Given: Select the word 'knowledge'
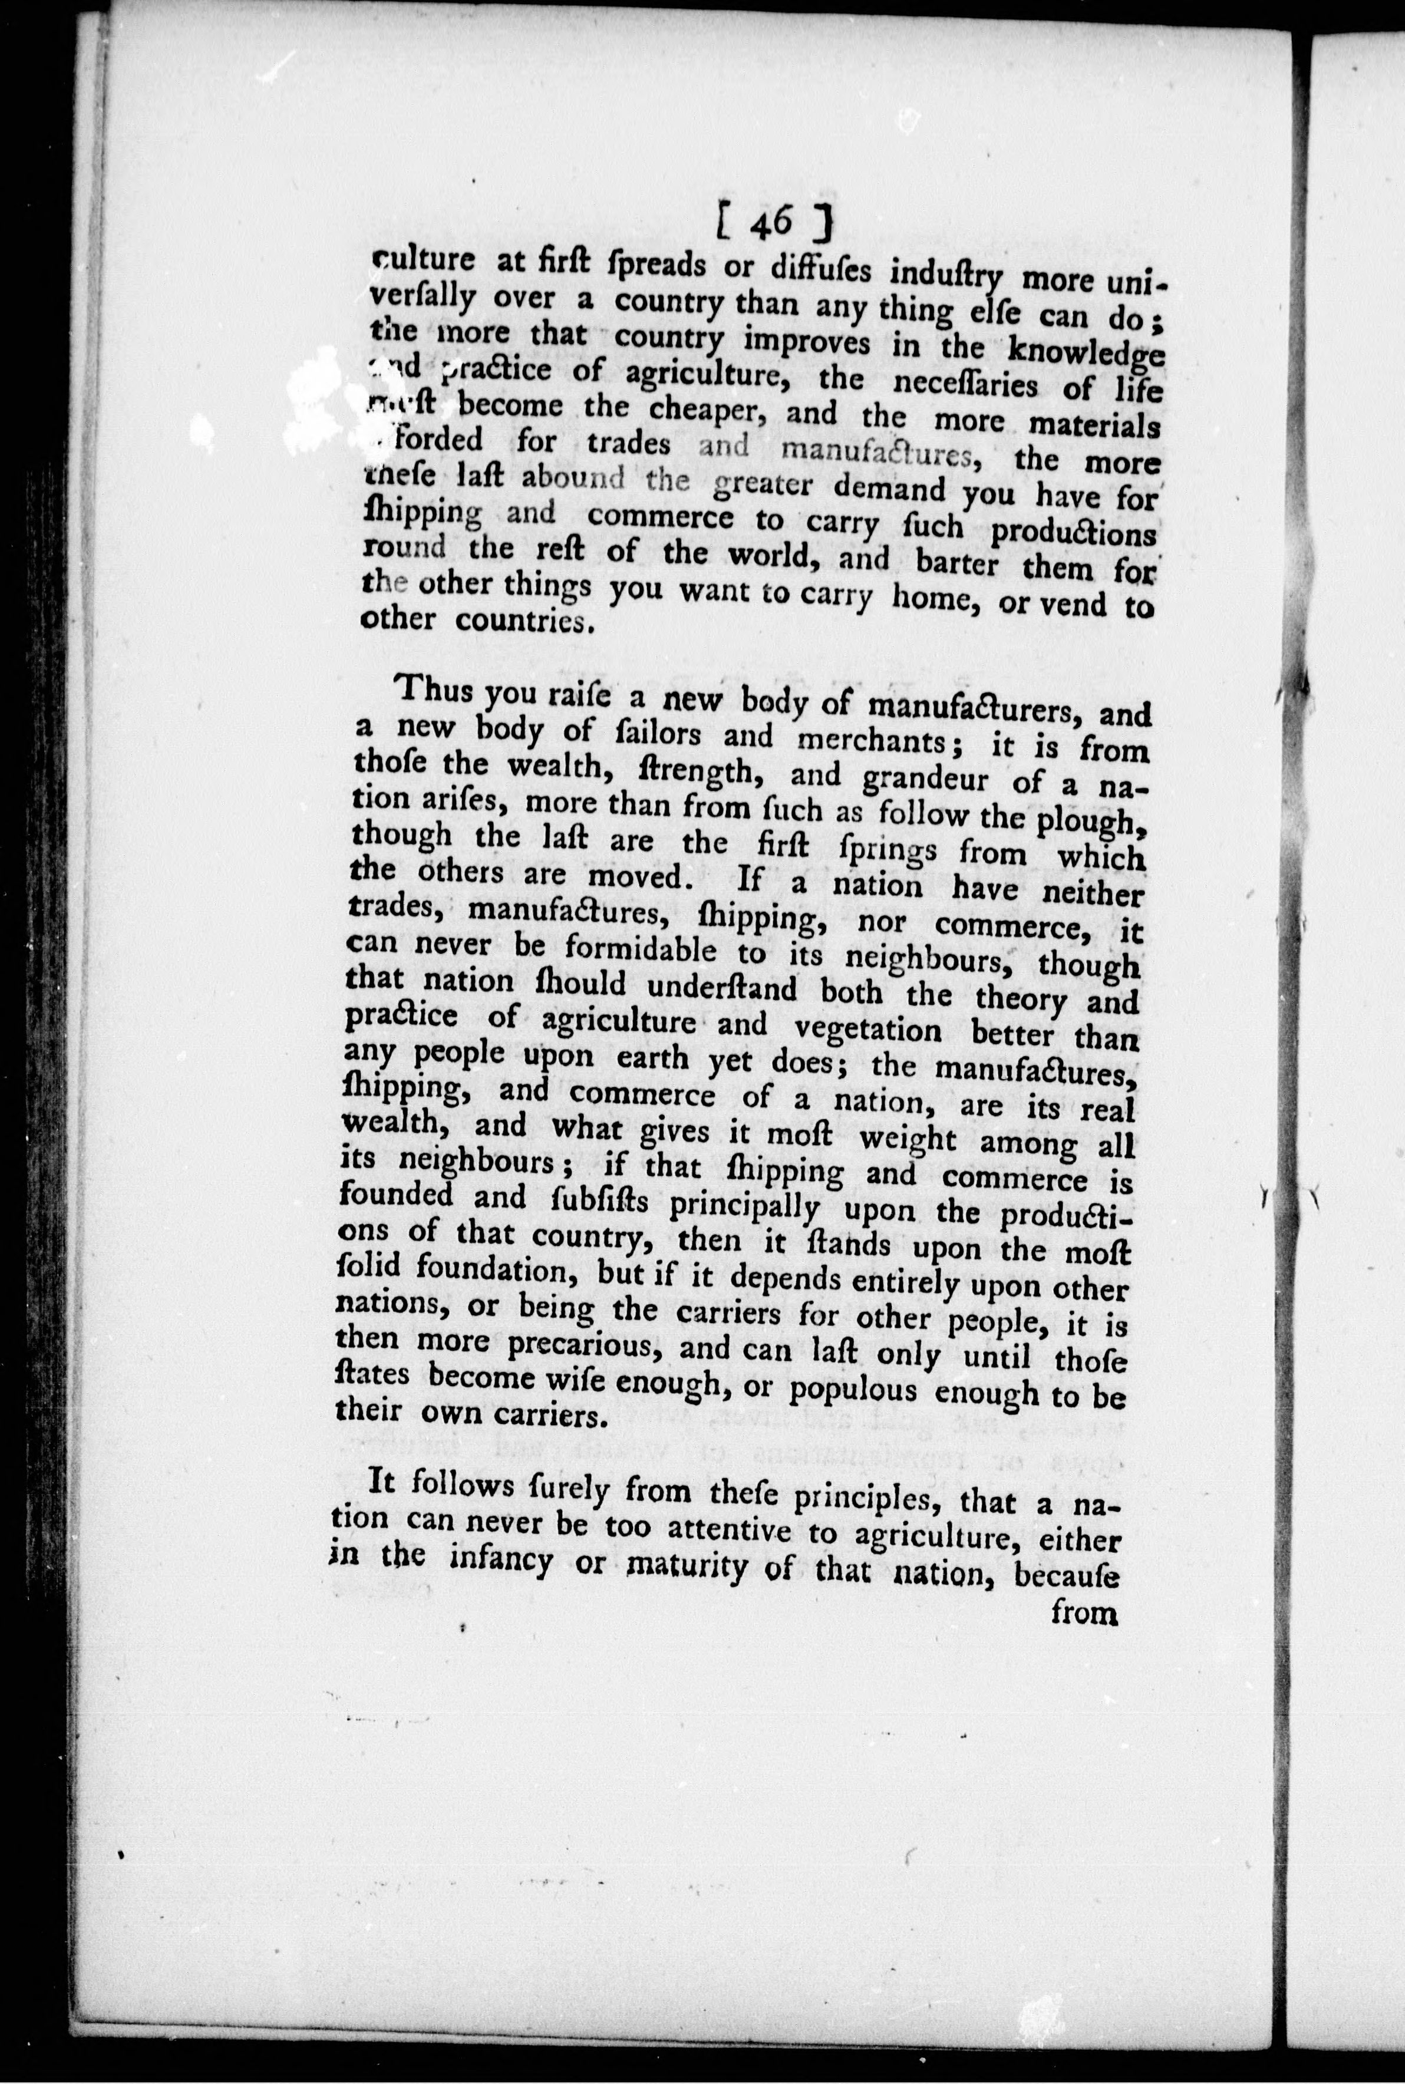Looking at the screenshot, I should tap(1084, 349).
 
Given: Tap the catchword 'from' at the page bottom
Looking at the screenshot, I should tap(1084, 1613).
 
